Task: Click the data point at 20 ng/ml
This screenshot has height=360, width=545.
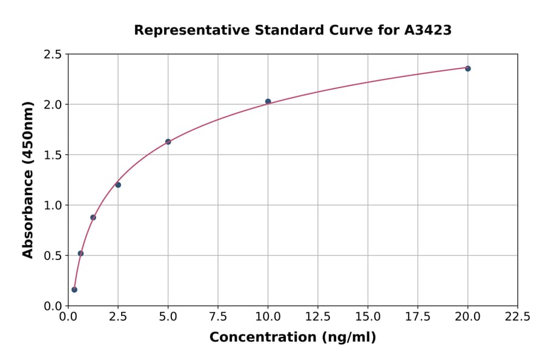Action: tap(467, 68)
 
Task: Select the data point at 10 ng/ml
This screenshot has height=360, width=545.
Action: tap(268, 102)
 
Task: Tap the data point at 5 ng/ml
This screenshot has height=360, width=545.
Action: tap(168, 142)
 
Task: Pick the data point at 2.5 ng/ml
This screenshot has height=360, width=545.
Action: tap(118, 185)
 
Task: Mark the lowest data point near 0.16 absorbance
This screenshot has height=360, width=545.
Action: tap(74, 290)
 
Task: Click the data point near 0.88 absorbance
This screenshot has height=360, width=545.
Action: tap(93, 218)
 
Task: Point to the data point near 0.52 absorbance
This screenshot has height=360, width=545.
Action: tap(81, 253)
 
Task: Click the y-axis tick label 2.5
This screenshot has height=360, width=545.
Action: tap(53, 55)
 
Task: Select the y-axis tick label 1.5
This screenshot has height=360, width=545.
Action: tap(53, 155)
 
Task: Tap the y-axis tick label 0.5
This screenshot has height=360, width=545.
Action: tap(53, 256)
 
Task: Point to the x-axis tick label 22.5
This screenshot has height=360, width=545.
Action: tap(517, 316)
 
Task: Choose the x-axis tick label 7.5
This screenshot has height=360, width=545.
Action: tap(218, 316)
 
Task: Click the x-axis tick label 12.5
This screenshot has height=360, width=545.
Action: tap(317, 316)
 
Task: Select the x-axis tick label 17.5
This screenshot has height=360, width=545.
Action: tap(417, 316)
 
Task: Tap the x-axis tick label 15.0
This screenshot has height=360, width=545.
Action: tap(368, 316)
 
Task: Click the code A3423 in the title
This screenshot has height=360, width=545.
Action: tap(428, 30)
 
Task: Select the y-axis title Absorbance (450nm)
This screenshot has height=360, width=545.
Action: tap(28, 179)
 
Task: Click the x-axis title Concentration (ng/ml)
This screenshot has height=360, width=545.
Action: tap(292, 338)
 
